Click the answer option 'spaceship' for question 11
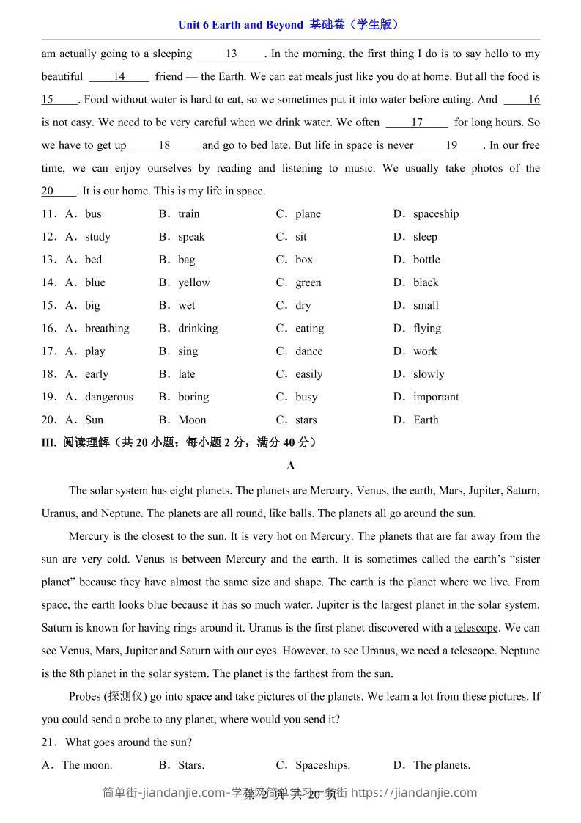click(435, 214)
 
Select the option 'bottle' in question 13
click(426, 260)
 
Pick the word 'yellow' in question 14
click(193, 282)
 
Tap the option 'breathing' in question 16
click(107, 329)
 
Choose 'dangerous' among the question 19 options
click(109, 397)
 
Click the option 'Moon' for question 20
click(192, 420)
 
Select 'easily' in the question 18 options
click(308, 374)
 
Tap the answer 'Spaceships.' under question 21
click(322, 765)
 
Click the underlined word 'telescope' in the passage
click(476, 628)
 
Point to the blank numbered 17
click(417, 122)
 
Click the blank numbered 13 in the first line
click(232, 54)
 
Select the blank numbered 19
click(451, 145)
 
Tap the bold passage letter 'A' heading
click(291, 466)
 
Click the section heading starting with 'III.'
click(180, 442)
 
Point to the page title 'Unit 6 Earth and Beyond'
click(240, 25)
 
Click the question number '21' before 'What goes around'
click(49, 742)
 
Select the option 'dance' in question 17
click(308, 351)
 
